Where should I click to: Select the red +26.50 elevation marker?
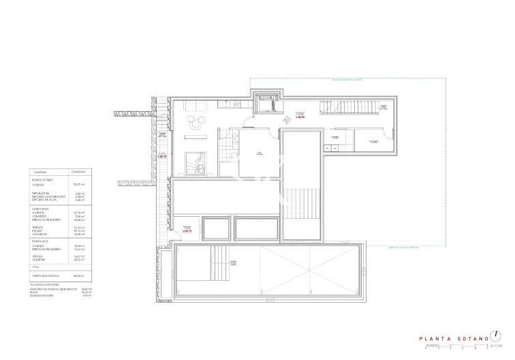(300, 117)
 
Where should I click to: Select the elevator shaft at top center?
(265, 104)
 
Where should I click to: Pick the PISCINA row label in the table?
(44, 230)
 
